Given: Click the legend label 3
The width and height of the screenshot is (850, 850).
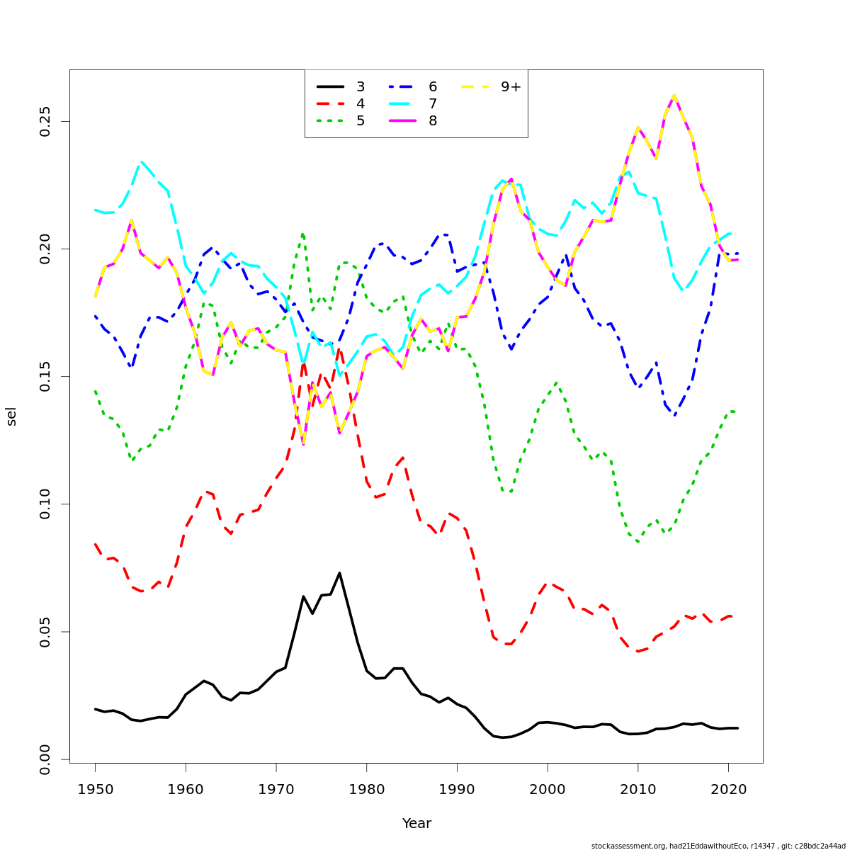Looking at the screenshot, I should (x=361, y=87).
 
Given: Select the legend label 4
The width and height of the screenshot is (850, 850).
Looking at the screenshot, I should (x=361, y=104).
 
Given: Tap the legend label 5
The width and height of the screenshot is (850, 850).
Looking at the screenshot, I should (x=361, y=121).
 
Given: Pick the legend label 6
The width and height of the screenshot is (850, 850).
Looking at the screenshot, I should (x=433, y=87).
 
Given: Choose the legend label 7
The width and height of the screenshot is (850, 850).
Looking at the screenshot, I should (x=433, y=104).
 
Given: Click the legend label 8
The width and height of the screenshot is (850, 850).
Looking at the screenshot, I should (x=433, y=121).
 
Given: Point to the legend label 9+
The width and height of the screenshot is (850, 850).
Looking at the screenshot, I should (x=511, y=87).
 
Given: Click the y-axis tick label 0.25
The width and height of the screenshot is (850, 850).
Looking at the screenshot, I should (x=45, y=121).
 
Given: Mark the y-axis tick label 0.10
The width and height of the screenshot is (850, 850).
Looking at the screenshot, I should (x=45, y=504).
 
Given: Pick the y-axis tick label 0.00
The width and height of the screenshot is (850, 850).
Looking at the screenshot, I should (x=45, y=759).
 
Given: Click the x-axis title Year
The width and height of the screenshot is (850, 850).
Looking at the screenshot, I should (x=416, y=824).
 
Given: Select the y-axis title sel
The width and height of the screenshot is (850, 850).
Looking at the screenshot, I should (x=11, y=416).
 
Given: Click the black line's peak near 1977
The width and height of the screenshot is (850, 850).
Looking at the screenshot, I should (x=339, y=572).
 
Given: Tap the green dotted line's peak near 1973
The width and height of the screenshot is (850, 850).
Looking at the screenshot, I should (x=302, y=233).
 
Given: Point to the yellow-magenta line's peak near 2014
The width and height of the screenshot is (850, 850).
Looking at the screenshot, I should (x=674, y=96).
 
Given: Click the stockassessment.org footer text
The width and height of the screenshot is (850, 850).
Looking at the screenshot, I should (x=718, y=846).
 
